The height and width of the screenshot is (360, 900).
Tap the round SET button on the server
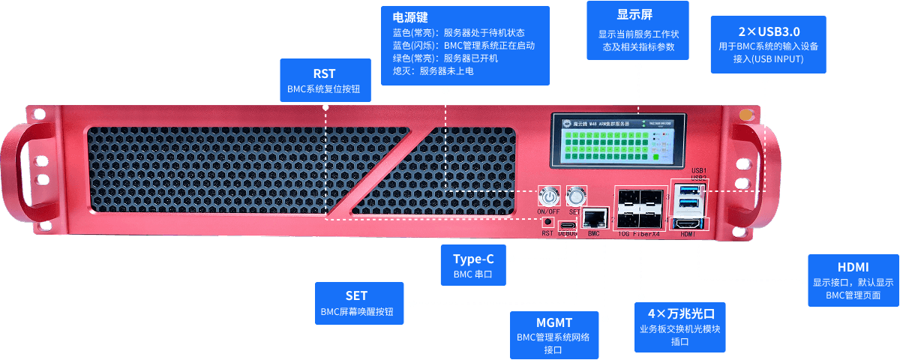click(576, 196)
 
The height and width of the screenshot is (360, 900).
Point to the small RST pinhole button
click(548, 221)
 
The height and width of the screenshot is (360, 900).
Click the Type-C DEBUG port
click(568, 224)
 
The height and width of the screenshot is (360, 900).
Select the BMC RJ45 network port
click(595, 218)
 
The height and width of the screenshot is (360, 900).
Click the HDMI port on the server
click(688, 223)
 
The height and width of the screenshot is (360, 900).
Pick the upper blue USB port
click(688, 190)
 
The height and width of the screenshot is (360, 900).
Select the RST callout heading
click(324, 73)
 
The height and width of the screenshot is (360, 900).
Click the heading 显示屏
click(637, 14)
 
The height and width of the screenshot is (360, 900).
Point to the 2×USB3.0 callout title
click(768, 31)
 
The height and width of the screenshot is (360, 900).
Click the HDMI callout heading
click(853, 268)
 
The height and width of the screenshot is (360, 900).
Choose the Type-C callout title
click(473, 259)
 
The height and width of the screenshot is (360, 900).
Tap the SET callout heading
click(356, 295)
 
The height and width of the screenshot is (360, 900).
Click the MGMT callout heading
click(554, 322)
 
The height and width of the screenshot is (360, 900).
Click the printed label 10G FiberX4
click(640, 234)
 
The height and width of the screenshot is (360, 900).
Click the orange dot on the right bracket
click(745, 115)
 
